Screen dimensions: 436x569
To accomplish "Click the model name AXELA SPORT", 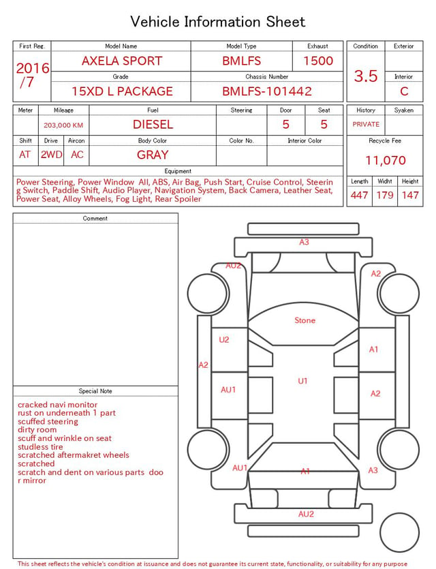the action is [x=122, y=61].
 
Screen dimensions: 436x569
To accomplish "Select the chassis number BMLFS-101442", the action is [x=267, y=91].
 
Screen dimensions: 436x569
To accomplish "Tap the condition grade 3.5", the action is [x=366, y=76].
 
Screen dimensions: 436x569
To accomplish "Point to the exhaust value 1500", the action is [x=318, y=61].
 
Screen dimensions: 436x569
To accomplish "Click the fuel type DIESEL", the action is [x=153, y=125].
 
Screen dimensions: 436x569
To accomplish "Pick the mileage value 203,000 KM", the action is [x=63, y=125].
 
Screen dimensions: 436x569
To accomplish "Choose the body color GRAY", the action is [x=153, y=155].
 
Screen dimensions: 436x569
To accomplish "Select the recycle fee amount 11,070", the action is [x=385, y=160].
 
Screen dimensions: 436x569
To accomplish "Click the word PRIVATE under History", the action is [x=366, y=124].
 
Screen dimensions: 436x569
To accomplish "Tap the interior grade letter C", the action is [x=404, y=91].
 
